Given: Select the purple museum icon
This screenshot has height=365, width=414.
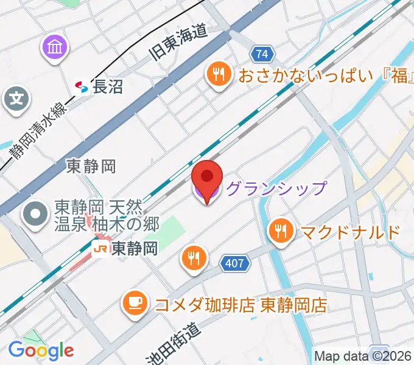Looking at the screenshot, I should [x=55, y=47].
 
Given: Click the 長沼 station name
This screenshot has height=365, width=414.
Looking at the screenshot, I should [x=108, y=87].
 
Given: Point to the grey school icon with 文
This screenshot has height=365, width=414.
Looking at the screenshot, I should [x=16, y=99].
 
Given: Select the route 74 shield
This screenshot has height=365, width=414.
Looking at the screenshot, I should [x=262, y=54].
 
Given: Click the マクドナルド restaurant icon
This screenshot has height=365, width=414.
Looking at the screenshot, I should [x=280, y=232].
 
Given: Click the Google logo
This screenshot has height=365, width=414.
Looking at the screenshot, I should [x=41, y=350].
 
